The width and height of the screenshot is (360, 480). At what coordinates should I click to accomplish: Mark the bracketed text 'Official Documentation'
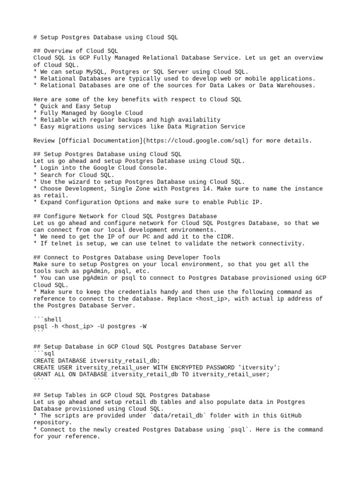104,141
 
